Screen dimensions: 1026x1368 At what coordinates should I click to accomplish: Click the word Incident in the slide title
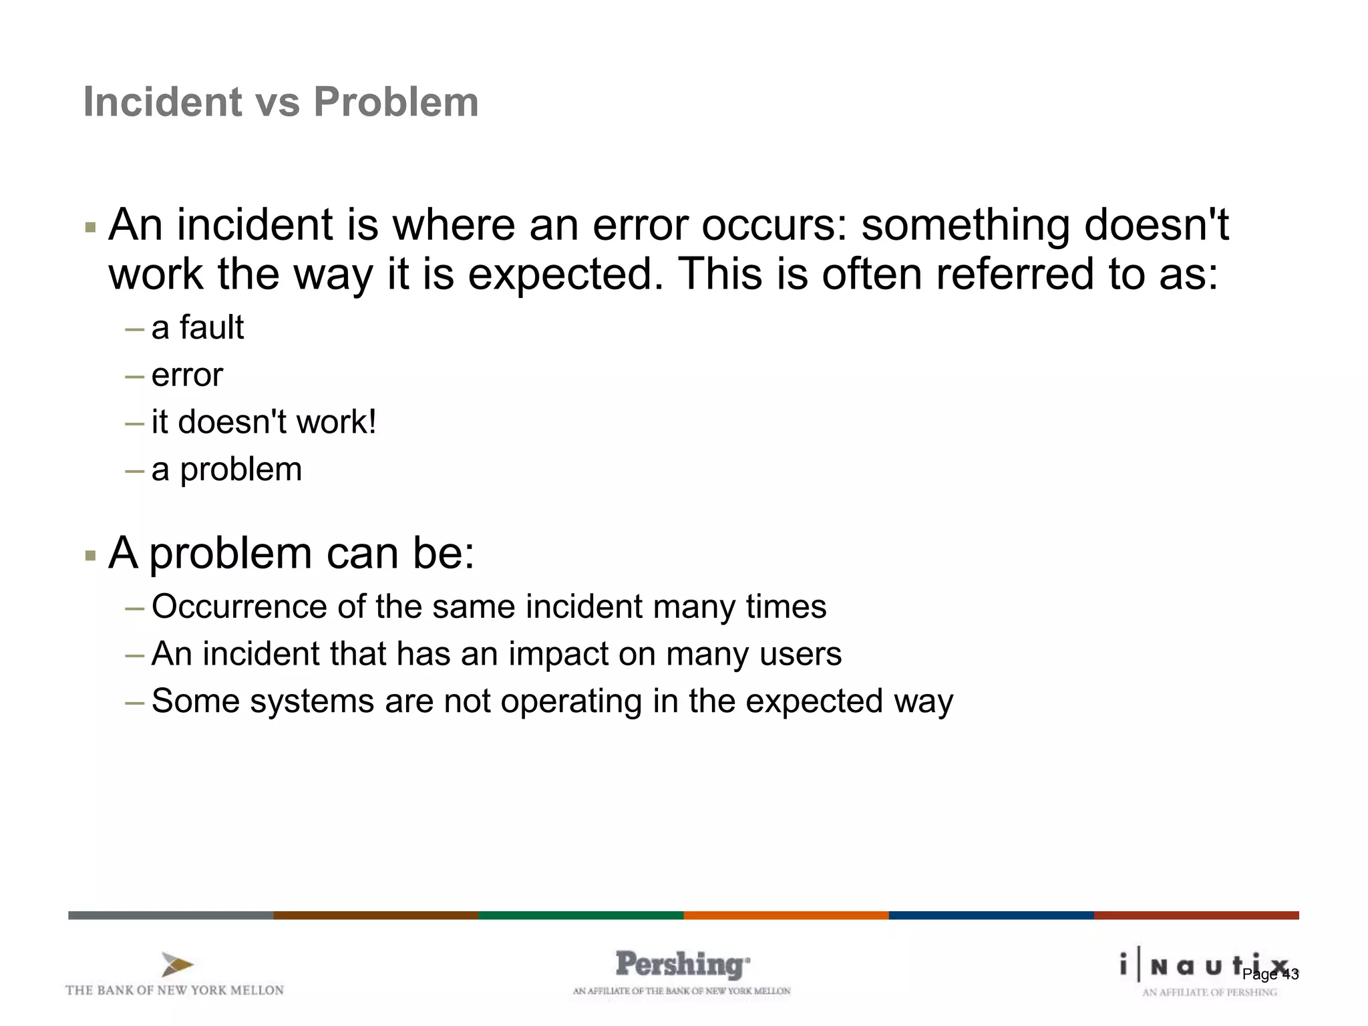tap(162, 102)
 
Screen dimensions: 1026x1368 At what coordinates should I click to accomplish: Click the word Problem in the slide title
tap(396, 102)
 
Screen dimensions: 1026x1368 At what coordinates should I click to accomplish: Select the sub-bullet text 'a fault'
tap(198, 328)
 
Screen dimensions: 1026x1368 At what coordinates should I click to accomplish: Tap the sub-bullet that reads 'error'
tap(187, 375)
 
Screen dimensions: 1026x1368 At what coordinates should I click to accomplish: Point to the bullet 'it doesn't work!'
tap(264, 422)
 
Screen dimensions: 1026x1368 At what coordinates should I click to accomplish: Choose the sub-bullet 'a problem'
tap(226, 470)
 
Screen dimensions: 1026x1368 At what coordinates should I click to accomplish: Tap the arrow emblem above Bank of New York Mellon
tap(177, 965)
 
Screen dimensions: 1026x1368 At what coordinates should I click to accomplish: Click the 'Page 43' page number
tap(1270, 975)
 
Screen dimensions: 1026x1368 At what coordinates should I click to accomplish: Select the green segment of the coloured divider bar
tap(580, 915)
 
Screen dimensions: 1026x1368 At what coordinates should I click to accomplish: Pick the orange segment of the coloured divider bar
tap(786, 915)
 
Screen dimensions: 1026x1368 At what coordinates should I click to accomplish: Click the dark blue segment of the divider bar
tap(991, 915)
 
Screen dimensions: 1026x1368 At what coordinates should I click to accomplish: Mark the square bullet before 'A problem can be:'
tap(91, 556)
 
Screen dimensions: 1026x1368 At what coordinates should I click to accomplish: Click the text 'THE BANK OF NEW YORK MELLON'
tap(174, 991)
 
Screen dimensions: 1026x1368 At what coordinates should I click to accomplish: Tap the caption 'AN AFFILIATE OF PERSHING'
tap(1209, 993)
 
